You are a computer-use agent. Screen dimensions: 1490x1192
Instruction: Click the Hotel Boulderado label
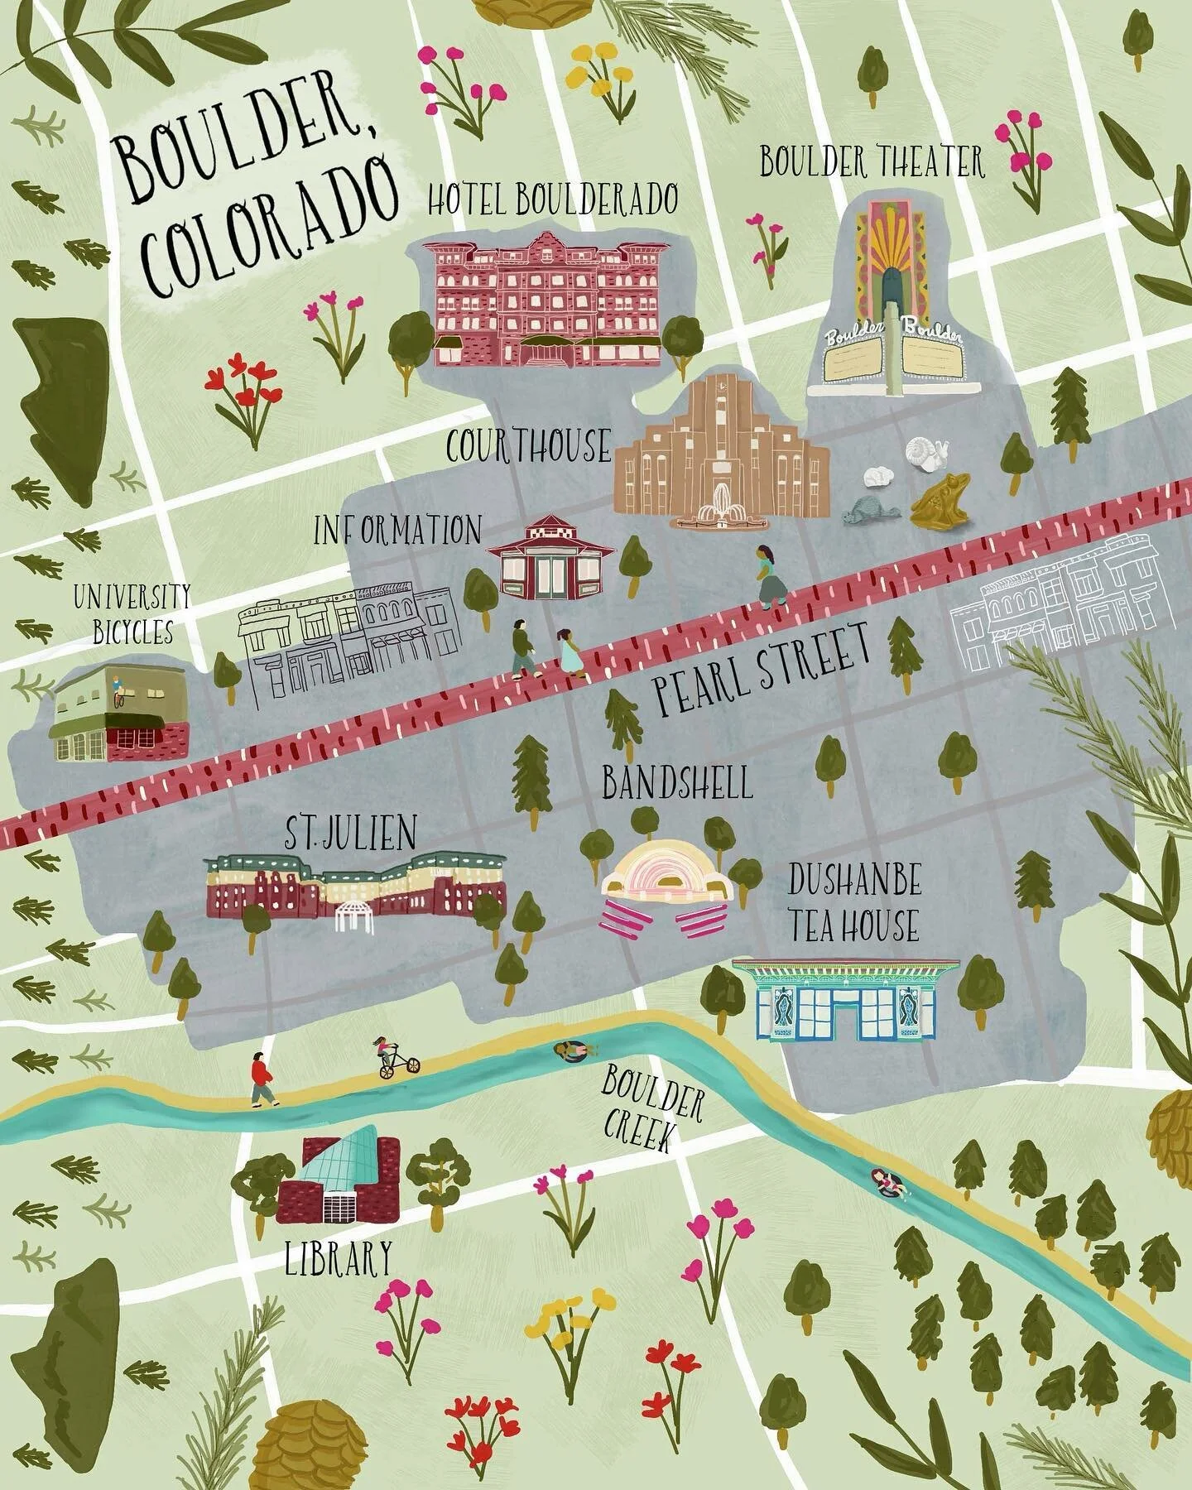tap(553, 199)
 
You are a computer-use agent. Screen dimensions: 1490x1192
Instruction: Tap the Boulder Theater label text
tap(872, 162)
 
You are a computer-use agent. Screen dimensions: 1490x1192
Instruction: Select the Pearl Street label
tap(762, 671)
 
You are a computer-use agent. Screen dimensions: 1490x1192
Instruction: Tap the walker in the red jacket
tap(262, 1079)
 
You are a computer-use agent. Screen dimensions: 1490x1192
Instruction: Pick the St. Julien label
tap(350, 834)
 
